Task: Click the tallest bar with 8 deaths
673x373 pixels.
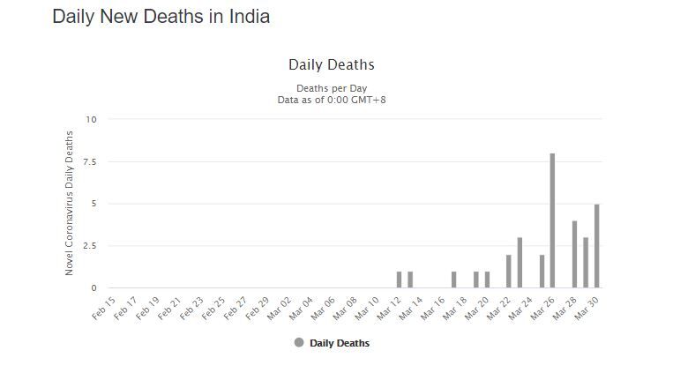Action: pos(552,220)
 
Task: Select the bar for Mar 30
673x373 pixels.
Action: pos(596,246)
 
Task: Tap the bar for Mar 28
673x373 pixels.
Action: pos(574,254)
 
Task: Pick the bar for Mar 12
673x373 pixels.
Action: pos(399,280)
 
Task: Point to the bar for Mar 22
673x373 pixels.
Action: pos(508,272)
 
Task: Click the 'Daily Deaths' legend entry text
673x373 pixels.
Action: pos(340,343)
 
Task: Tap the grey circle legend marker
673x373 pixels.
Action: pos(299,343)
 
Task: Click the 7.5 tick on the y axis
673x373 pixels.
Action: pos(90,161)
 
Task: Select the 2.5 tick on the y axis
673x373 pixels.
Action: pos(90,246)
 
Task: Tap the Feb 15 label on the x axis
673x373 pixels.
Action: pos(105,308)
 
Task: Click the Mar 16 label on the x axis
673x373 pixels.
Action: pos(434,308)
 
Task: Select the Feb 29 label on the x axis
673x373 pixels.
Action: pos(258,308)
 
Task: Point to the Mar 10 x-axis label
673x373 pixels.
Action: pos(368,308)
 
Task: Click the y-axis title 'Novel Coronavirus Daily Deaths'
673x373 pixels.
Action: pos(70,204)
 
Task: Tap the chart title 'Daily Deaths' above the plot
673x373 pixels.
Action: pos(332,65)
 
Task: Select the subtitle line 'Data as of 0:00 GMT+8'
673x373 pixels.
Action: pos(332,100)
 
